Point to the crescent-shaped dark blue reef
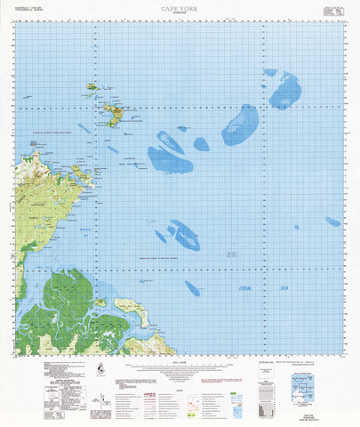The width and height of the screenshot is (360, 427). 240,124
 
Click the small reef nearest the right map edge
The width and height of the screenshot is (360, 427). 332,222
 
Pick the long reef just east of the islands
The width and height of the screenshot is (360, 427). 169,157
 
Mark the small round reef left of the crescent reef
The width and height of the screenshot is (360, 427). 201,142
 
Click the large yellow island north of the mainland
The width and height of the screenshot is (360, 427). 112,115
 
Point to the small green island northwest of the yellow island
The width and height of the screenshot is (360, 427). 91,87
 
